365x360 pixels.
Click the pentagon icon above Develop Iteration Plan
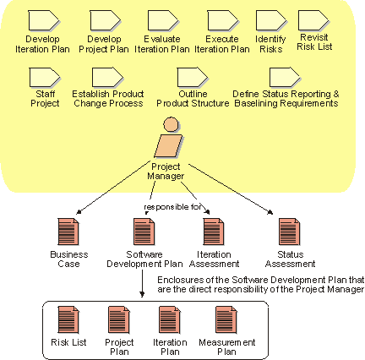click(44, 20)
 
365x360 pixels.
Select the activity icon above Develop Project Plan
click(105, 20)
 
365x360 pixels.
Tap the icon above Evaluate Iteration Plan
click(163, 20)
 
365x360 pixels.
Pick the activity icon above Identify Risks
click(271, 20)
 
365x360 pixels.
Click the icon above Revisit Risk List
click(313, 20)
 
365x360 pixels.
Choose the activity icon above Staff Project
click(45, 77)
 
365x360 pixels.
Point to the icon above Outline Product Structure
click(193, 77)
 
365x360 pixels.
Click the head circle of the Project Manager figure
click(171, 124)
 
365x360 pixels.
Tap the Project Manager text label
click(166, 172)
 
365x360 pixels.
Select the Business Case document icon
click(68, 232)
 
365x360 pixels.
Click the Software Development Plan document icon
click(144, 232)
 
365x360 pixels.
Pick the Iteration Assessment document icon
click(214, 232)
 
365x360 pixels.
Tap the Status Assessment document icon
click(290, 232)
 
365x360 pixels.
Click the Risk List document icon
click(68, 319)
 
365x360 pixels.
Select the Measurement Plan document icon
click(226, 319)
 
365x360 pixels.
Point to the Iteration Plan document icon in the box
click(170, 319)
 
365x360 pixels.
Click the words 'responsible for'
click(172, 207)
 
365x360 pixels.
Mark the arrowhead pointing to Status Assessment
click(270, 212)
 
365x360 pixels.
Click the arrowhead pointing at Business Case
click(79, 212)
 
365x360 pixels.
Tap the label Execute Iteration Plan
click(222, 44)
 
